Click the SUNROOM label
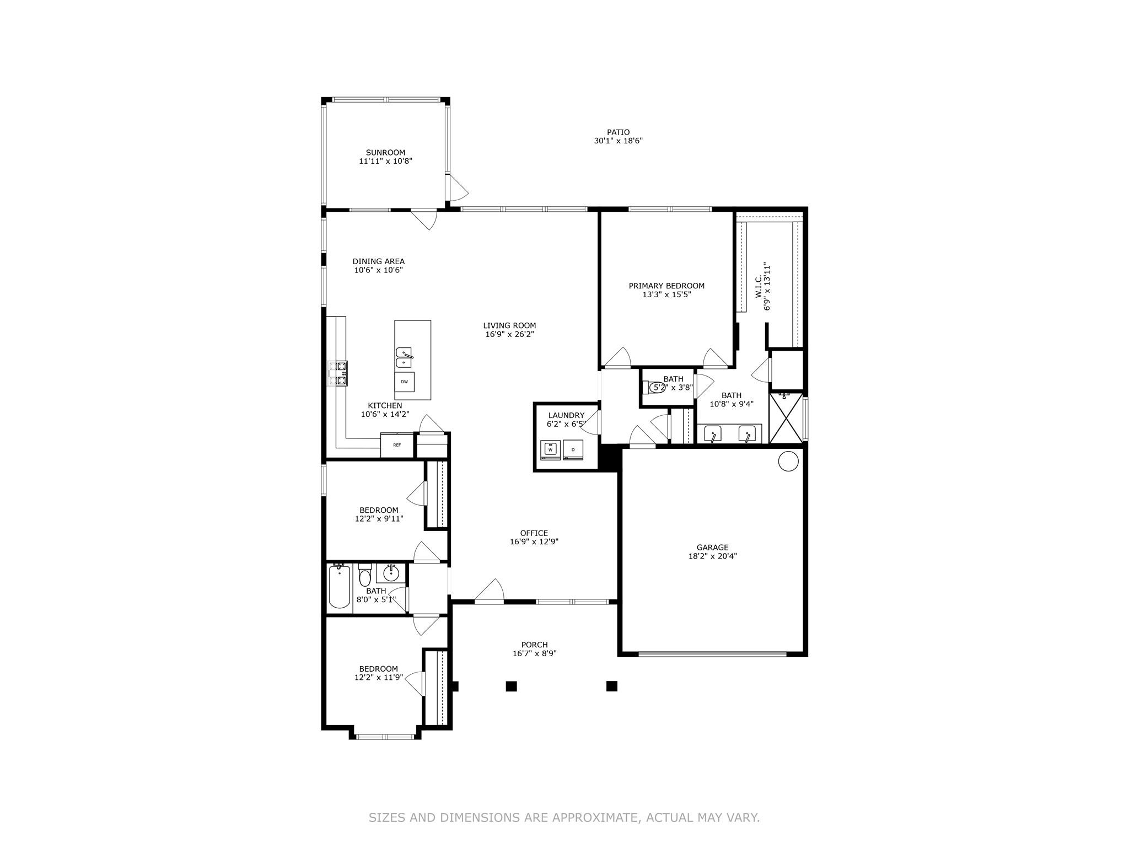click(385, 153)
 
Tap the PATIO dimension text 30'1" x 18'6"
click(618, 141)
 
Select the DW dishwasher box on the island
click(404, 382)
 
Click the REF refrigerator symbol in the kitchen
click(397, 445)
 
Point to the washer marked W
click(550, 450)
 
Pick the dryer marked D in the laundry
click(573, 450)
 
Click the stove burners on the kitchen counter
click(337, 373)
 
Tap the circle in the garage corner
click(788, 460)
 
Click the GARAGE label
click(712, 548)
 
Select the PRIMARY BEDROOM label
click(666, 286)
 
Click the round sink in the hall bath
click(391, 573)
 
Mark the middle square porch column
click(511, 686)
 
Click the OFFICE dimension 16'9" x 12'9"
click(534, 542)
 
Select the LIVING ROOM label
click(509, 325)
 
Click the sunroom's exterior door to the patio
click(456, 187)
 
